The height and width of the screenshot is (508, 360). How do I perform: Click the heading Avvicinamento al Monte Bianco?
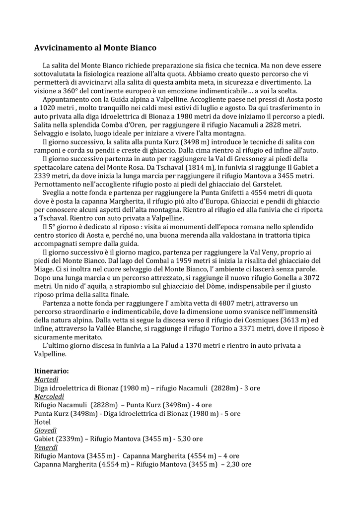click(x=95, y=48)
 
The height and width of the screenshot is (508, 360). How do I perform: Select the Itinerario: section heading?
click(x=51, y=371)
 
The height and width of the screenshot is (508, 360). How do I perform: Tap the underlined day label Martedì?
click(x=46, y=380)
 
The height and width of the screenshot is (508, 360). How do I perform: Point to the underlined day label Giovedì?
click(x=45, y=430)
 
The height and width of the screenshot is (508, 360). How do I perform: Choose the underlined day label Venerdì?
click(x=46, y=447)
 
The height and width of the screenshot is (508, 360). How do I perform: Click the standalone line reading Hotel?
click(x=42, y=422)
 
